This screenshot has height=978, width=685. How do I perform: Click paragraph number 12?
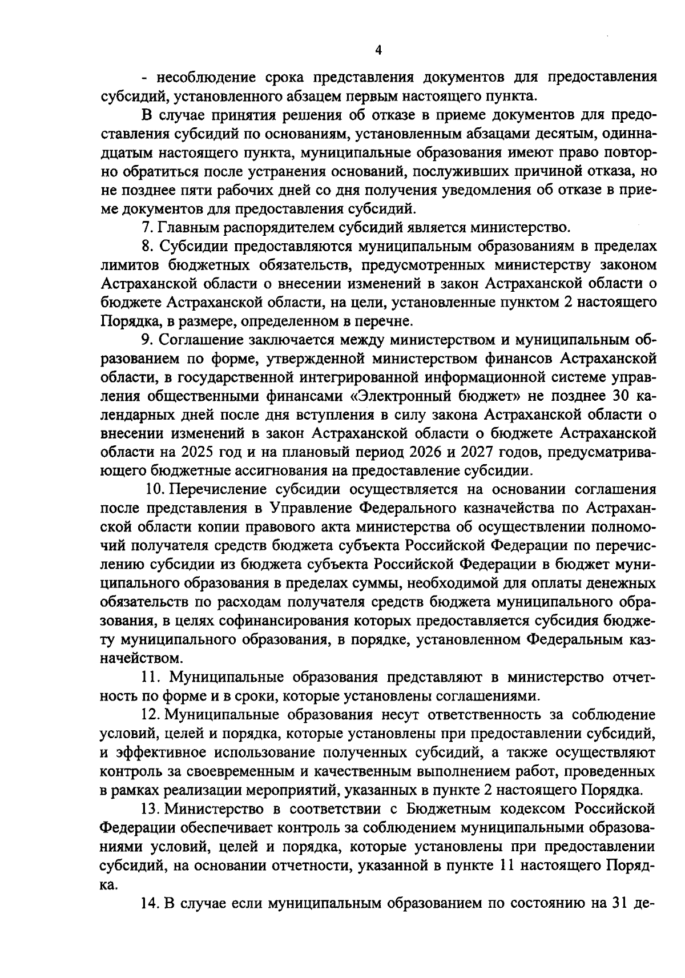point(150,715)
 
